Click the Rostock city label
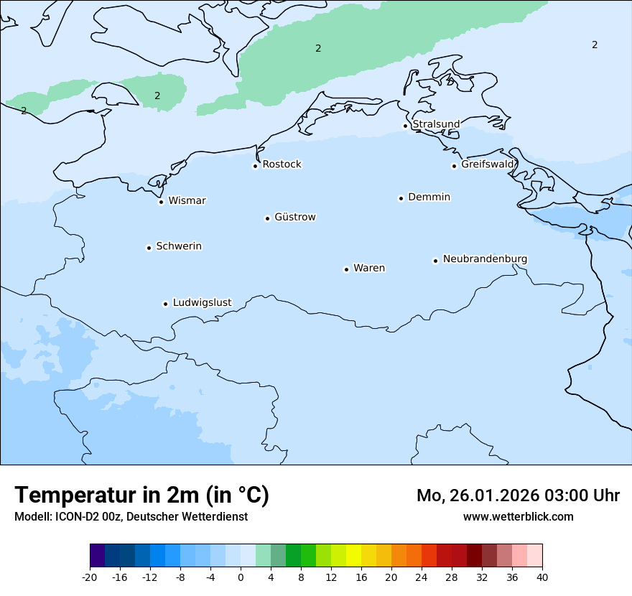tap(282, 164)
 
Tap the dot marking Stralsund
tap(405, 126)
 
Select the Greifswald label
tap(488, 164)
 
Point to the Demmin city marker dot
tap(401, 198)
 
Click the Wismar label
tap(187, 200)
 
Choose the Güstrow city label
tap(294, 217)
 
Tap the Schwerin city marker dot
tap(149, 248)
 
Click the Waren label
tap(368, 268)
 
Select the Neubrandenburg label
tap(485, 259)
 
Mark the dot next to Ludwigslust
tap(165, 304)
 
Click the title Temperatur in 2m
tap(141, 495)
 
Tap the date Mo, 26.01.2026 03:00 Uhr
tap(518, 495)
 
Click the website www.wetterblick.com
tap(518, 516)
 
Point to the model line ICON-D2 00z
tap(131, 516)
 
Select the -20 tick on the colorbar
tap(90, 577)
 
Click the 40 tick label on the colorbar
tap(542, 577)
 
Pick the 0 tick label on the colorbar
tap(241, 577)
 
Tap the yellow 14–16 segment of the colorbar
tap(353, 555)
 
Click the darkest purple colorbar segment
tap(97, 555)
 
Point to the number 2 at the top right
tap(595, 45)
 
